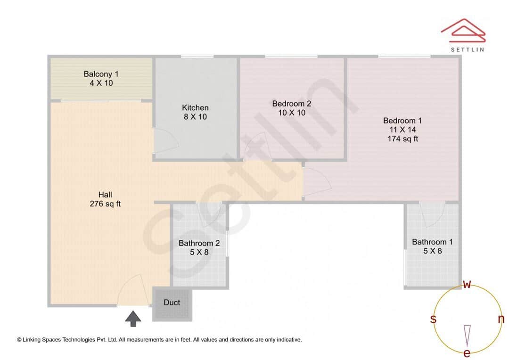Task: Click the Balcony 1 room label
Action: [x=101, y=74]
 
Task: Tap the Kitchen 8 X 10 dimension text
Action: [x=195, y=117]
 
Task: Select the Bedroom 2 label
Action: [x=292, y=104]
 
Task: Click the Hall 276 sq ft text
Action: [x=105, y=199]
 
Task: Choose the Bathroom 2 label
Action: [x=199, y=243]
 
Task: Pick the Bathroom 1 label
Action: [x=432, y=242]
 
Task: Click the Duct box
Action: [x=172, y=303]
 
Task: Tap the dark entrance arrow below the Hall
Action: [x=133, y=319]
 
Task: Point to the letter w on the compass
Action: [x=467, y=284]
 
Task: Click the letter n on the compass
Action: [x=501, y=319]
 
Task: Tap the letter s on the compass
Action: [x=433, y=319]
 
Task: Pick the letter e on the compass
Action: [x=467, y=353]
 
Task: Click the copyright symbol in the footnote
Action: [x=19, y=340]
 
